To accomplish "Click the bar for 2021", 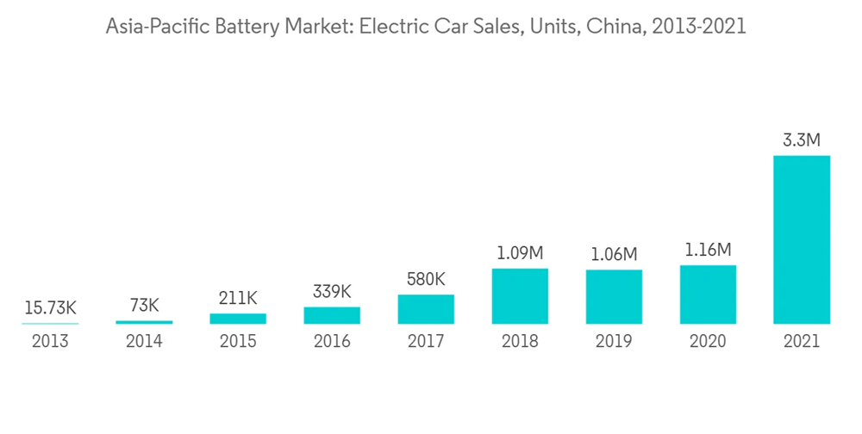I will point(802,239).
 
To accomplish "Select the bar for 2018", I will point(520,296).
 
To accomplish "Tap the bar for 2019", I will point(614,297).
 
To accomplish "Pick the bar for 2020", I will point(708,294).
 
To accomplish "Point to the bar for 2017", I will point(426,309).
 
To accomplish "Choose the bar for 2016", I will point(332,315).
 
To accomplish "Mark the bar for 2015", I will point(238,319).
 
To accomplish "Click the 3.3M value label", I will point(802,139).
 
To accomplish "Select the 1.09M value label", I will point(520,254).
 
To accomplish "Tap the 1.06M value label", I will point(614,255).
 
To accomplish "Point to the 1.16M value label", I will point(708,251).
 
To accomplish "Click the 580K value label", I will point(426,280).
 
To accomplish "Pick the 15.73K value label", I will point(50,307).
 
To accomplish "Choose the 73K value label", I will point(144,306).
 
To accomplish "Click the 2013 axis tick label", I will point(50,341).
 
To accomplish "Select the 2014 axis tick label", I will point(144,341).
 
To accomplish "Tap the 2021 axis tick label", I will point(802,341).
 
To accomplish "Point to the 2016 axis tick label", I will point(332,341).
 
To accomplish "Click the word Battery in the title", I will point(240,28).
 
